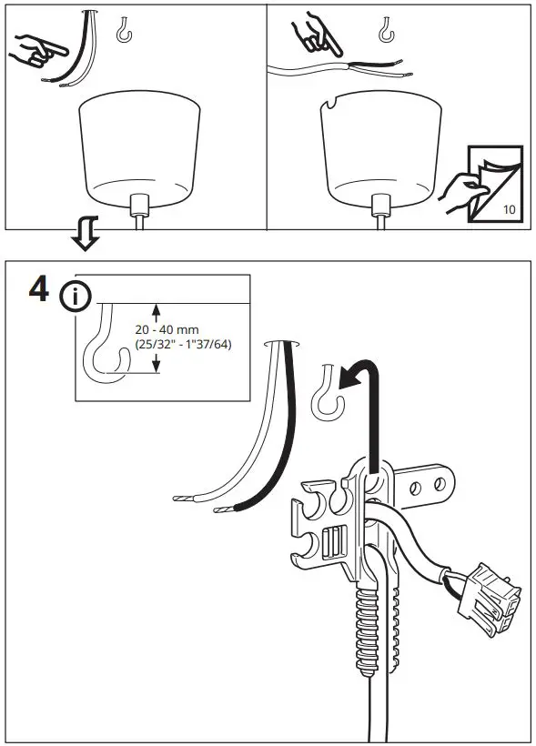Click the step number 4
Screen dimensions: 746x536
40,291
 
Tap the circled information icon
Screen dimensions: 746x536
76,297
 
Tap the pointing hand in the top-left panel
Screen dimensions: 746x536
32,46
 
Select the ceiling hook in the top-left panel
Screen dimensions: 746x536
125,31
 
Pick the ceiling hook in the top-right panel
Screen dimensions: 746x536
387,31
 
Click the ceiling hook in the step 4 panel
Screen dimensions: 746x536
324,393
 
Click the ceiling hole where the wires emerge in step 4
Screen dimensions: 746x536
283,343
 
